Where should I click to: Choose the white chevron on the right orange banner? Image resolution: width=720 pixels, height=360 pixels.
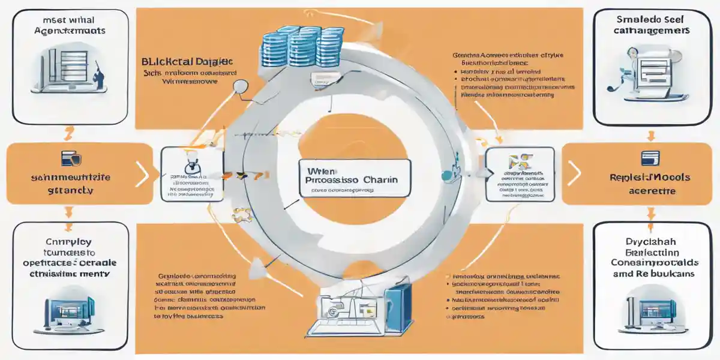(x=574, y=174)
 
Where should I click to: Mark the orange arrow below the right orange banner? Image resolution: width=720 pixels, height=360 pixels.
(x=650, y=212)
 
